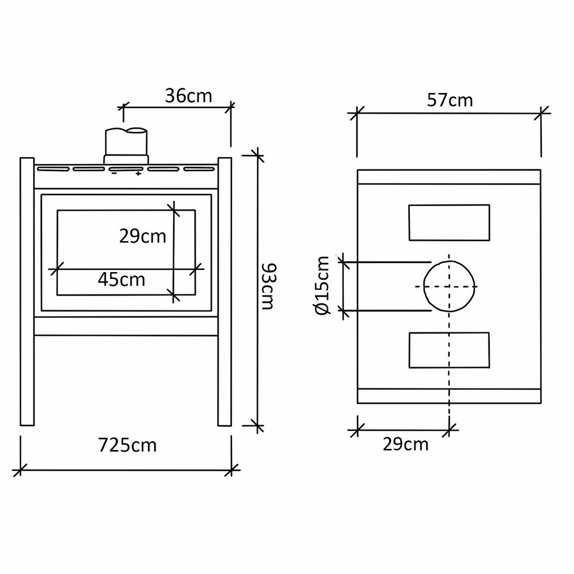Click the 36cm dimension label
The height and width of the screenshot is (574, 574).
point(188,96)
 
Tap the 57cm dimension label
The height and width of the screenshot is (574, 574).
point(450,100)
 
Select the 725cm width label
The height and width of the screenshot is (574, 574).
point(127,445)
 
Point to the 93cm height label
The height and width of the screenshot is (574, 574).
point(269,286)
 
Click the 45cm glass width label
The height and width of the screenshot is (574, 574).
point(122,280)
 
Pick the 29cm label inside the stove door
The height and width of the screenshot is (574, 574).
point(142,236)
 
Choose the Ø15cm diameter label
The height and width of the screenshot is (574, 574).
point(323,285)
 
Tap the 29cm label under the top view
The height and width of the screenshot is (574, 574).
point(406,444)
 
